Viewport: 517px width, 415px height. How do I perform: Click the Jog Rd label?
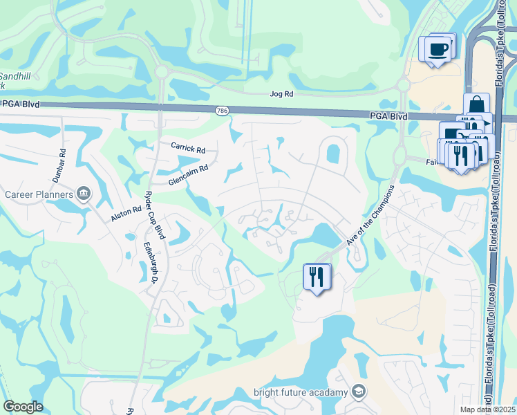click(281, 93)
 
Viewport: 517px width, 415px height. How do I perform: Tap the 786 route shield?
click(222, 110)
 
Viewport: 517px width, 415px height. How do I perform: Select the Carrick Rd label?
click(189, 149)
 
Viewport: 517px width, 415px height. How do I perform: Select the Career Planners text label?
click(39, 194)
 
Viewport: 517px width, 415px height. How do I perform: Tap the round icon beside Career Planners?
click(84, 192)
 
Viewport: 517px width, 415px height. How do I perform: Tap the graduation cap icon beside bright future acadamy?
click(358, 392)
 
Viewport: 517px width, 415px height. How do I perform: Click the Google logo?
click(23, 407)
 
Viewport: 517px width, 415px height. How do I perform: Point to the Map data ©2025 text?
click(488, 409)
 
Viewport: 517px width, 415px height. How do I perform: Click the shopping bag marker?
click(476, 105)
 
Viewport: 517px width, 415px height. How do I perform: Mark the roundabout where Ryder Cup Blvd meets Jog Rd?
click(162, 71)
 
